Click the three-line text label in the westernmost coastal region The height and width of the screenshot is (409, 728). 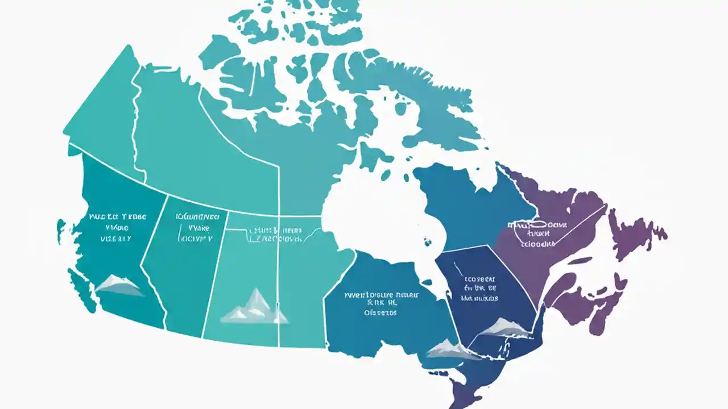(x=117, y=227)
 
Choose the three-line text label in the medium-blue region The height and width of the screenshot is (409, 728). (x=382, y=303)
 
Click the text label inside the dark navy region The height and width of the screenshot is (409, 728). (x=479, y=289)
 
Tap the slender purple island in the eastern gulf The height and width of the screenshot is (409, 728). (x=574, y=261)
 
